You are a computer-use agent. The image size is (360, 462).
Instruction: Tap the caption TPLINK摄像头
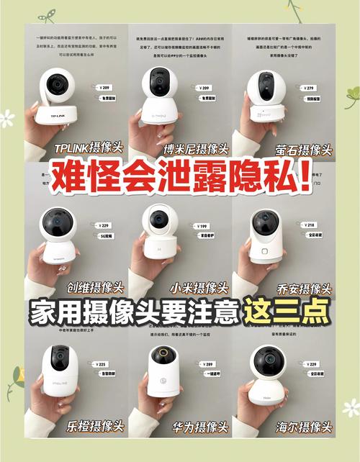point(89,149)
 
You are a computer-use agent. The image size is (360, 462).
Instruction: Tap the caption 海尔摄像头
point(304,426)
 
